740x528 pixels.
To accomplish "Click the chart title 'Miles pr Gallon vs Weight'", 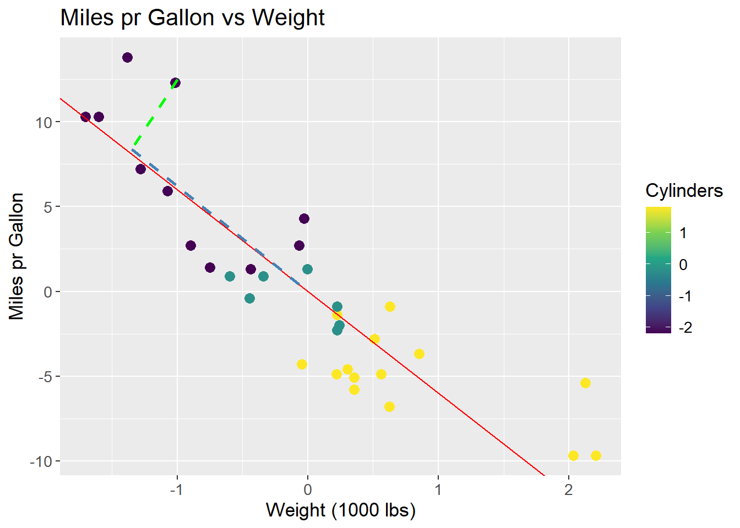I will tap(192, 18).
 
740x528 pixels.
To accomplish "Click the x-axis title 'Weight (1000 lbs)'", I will tap(340, 510).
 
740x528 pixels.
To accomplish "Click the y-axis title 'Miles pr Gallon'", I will tap(17, 256).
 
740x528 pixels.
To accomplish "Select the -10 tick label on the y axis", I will tap(41, 461).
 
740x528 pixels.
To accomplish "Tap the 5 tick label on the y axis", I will tap(48, 207).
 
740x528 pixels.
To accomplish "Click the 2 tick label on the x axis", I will tap(569, 489).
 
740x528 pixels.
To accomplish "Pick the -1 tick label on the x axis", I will tap(175, 489).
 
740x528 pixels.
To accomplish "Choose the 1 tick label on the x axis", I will tap(438, 489).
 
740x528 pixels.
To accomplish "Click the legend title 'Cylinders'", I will tap(684, 190).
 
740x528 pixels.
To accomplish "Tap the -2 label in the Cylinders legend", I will tap(685, 328).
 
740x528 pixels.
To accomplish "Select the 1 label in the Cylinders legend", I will tap(683, 233).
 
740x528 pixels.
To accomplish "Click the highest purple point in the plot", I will tap(127, 58).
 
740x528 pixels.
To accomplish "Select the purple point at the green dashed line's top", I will tap(175, 83).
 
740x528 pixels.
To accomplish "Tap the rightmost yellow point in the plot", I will tap(596, 455).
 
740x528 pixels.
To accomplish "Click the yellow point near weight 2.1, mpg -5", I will tap(585, 383).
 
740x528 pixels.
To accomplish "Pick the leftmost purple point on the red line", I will tap(85, 117).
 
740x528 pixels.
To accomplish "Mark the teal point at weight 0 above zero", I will tap(307, 269).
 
